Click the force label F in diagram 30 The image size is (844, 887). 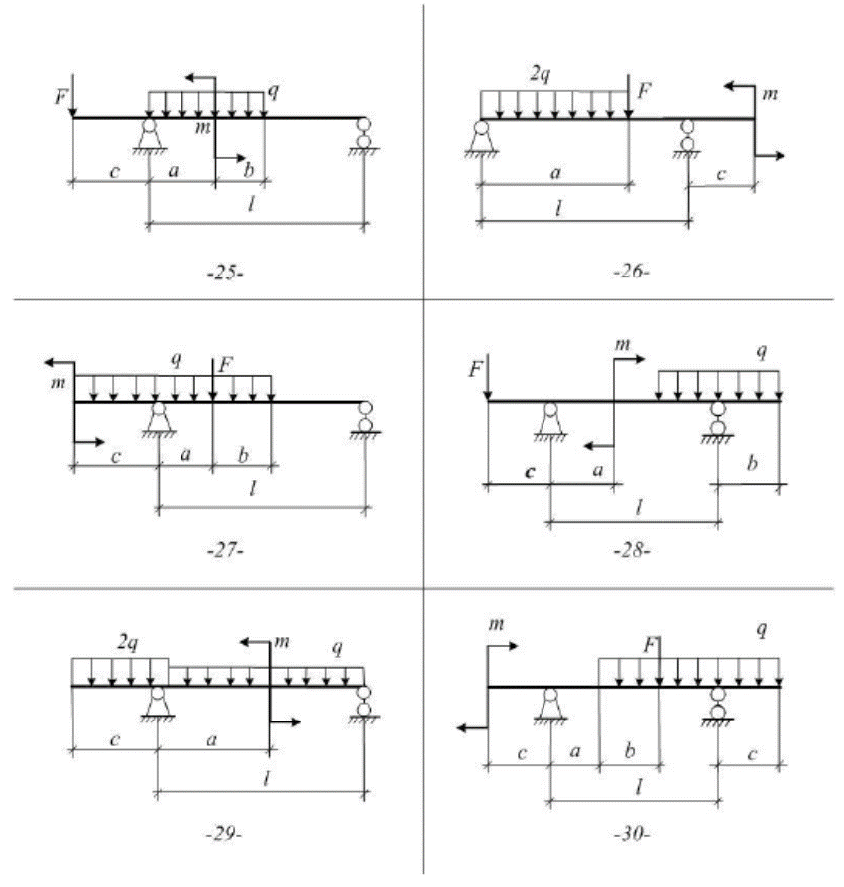[650, 644]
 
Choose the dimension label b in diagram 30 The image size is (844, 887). [629, 753]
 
